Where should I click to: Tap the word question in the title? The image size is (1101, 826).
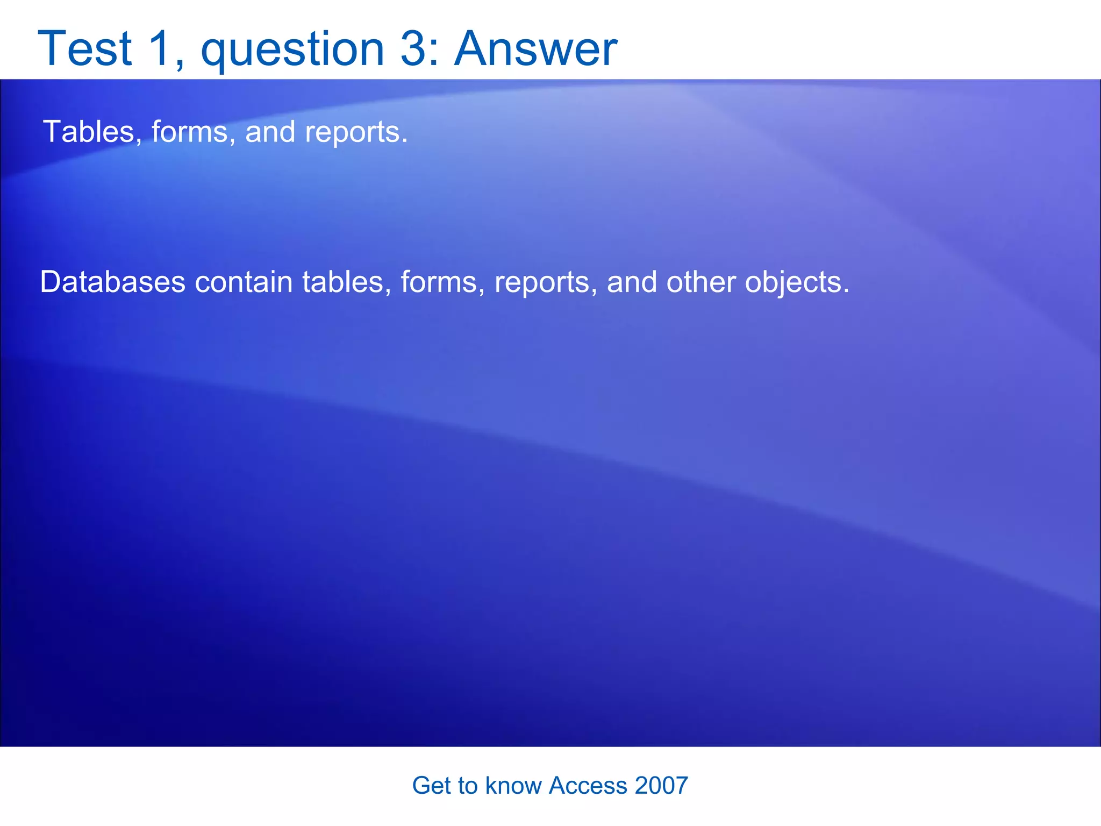(292, 49)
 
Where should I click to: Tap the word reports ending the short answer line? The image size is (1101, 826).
(355, 133)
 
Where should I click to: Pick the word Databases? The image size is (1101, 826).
(113, 282)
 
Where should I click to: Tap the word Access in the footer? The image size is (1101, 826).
(588, 786)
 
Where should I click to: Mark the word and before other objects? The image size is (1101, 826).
(632, 282)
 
